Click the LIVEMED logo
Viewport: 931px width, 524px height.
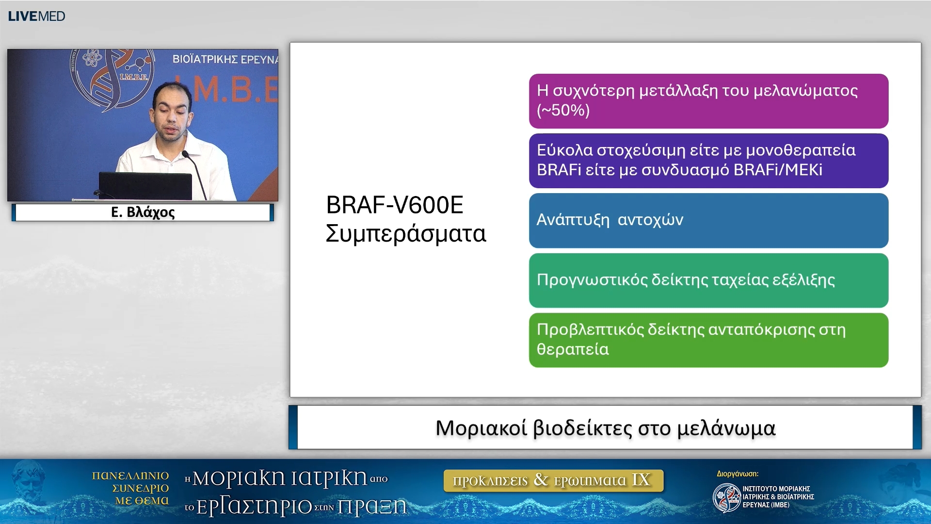point(36,16)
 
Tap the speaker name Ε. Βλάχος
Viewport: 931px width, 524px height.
point(143,212)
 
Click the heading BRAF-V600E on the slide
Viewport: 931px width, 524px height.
point(394,205)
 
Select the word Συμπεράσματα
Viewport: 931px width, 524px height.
point(405,233)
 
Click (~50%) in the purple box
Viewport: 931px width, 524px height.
point(563,110)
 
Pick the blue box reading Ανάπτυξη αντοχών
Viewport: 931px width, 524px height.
point(708,220)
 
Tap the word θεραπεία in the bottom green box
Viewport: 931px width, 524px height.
point(573,349)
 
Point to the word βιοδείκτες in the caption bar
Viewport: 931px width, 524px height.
point(582,428)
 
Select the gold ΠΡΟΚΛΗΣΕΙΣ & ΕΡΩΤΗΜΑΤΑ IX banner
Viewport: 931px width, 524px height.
point(553,480)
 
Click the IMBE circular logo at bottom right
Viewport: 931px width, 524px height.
point(726,497)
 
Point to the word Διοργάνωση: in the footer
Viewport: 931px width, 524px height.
point(737,474)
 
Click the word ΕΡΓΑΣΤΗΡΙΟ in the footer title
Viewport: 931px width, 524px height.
point(254,507)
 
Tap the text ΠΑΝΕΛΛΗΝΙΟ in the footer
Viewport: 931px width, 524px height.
point(130,475)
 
